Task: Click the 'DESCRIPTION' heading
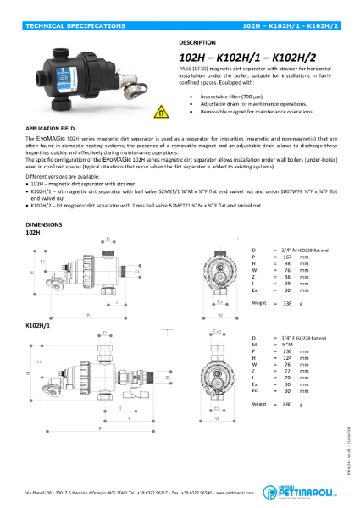tap(197, 41)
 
